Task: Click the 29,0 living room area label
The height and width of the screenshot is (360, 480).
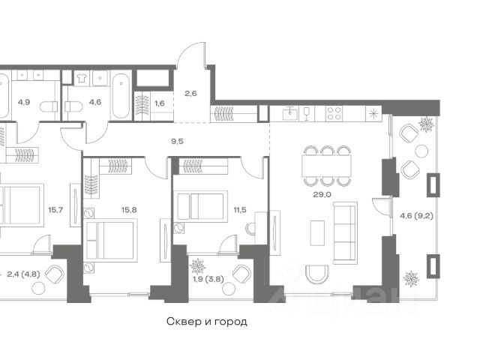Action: tap(322, 194)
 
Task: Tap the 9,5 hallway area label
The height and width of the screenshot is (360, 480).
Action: tap(177, 142)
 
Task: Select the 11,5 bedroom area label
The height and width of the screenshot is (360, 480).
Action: tap(240, 210)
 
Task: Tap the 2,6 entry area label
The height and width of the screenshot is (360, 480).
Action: tap(190, 93)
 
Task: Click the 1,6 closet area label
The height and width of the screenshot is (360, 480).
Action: tap(160, 103)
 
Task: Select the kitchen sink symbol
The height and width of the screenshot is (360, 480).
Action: tap(290, 113)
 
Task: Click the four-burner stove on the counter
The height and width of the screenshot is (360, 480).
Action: tap(334, 113)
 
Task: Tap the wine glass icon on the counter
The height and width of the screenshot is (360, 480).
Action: tap(307, 113)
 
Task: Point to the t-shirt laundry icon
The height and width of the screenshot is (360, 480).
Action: tap(82, 78)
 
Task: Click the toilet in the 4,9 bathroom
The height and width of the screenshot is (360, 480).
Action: tap(49, 106)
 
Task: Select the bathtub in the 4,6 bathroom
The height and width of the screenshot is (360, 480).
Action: tap(121, 95)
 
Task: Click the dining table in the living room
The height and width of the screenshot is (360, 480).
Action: tap(326, 166)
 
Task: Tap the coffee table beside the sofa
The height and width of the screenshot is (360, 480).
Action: tap(317, 233)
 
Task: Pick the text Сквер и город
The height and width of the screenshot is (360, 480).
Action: tap(207, 322)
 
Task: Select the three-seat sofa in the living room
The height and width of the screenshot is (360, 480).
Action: tap(345, 233)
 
